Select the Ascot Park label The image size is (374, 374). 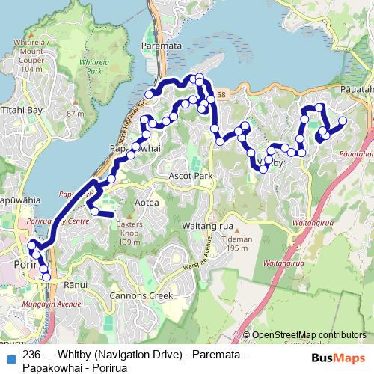[194, 176]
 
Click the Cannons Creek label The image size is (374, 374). [141, 295]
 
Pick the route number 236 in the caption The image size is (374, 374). [32, 355]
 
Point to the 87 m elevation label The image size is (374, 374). [75, 114]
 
